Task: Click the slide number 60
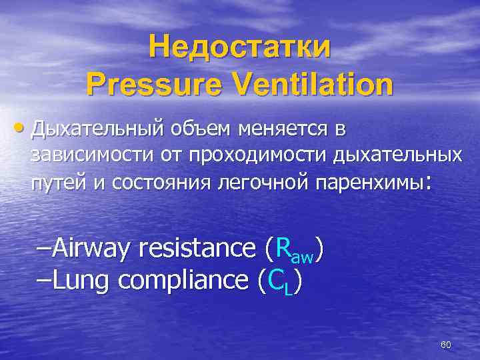tap(446, 345)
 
